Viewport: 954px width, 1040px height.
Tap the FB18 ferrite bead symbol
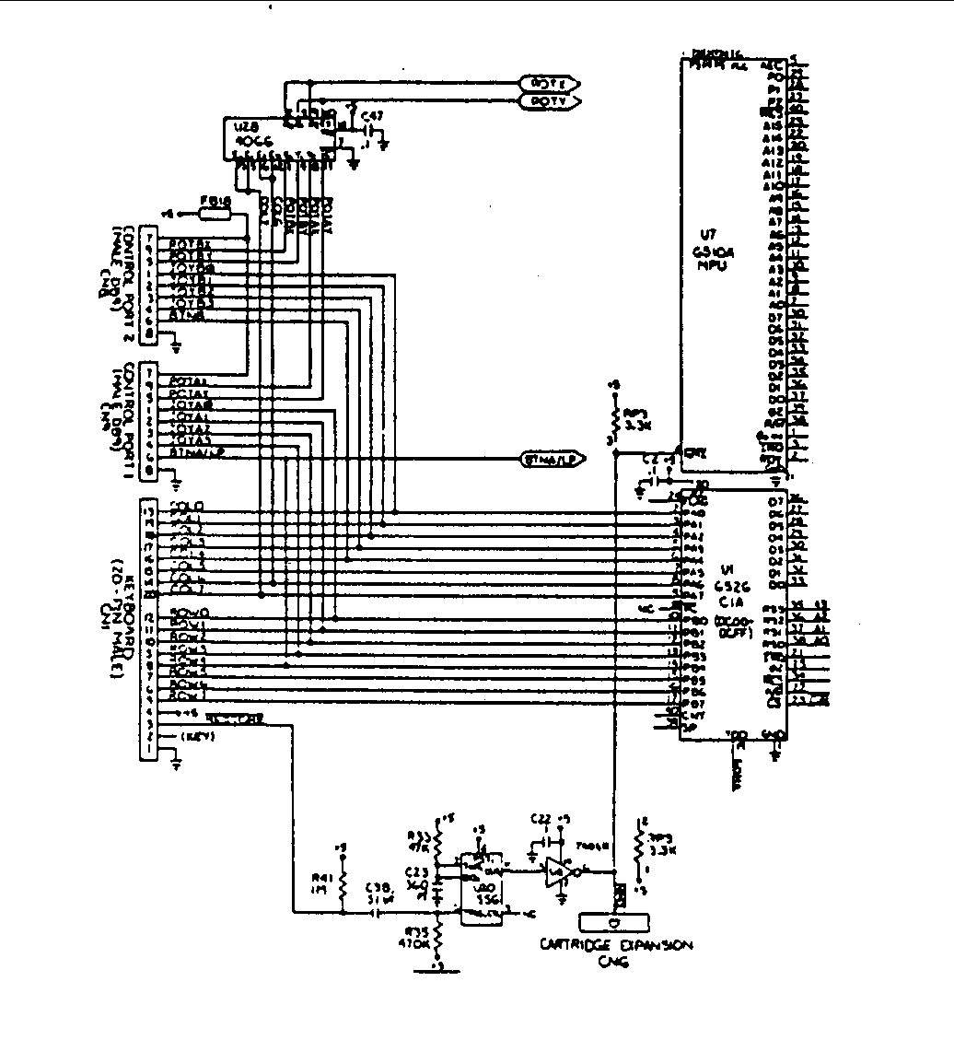pyautogui.click(x=215, y=214)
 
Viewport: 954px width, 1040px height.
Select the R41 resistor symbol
pyautogui.click(x=343, y=885)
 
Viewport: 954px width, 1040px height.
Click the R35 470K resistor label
pyautogui.click(x=419, y=938)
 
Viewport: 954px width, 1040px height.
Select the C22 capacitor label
pyautogui.click(x=541, y=818)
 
